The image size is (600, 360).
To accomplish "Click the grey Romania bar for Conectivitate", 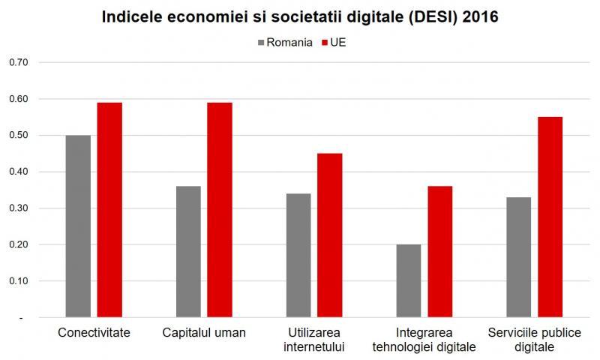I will (x=78, y=226).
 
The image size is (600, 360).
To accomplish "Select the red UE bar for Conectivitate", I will (x=109, y=210).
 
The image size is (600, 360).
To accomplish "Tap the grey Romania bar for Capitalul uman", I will (x=188, y=252).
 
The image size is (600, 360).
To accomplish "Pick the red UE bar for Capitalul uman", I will (x=220, y=210).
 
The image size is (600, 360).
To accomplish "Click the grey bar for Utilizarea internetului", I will (x=298, y=256).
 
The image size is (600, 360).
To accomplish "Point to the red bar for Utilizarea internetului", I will (x=330, y=235).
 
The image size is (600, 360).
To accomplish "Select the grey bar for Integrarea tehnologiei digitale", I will (x=408, y=281).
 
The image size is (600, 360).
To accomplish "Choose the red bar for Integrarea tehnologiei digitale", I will (x=440, y=252).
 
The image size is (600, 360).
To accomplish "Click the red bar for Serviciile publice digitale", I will (x=550, y=217).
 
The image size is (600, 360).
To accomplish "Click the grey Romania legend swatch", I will (x=262, y=43).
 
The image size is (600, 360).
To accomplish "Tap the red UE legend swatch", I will (x=325, y=43).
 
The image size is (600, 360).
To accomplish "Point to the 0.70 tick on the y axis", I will (x=18, y=62).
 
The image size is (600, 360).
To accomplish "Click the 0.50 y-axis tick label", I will (x=18, y=135).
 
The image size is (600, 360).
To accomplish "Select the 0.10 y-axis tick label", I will (x=18, y=281).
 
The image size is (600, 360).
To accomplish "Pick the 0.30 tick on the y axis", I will (x=18, y=208).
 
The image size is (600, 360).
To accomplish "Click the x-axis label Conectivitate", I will (x=94, y=332).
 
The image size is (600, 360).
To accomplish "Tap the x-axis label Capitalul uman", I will (x=204, y=332).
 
